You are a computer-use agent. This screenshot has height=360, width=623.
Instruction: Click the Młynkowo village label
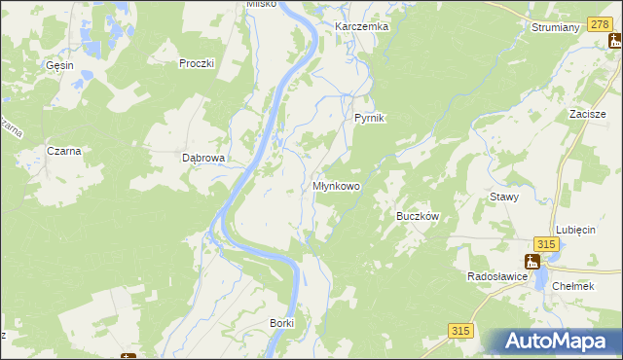(337, 185)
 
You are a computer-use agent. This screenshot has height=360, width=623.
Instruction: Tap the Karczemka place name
(361, 26)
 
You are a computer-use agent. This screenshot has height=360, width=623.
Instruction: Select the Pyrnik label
(370, 118)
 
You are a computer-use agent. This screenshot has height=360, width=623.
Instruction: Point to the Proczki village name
(196, 63)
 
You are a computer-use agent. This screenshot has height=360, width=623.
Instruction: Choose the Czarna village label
(63, 151)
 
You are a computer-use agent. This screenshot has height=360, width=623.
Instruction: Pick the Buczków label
(421, 216)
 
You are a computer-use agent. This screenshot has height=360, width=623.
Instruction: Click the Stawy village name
(504, 196)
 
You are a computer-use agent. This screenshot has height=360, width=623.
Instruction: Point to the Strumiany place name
(556, 27)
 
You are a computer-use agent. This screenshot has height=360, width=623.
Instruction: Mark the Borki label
(281, 322)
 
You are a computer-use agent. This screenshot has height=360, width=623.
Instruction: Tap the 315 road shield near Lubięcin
(545, 244)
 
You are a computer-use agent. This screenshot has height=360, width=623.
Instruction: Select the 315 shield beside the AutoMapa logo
(461, 332)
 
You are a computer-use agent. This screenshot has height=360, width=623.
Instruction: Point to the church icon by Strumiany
(614, 41)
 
